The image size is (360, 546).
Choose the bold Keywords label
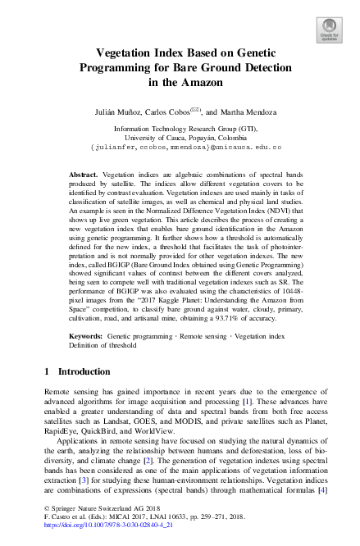[85, 337]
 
